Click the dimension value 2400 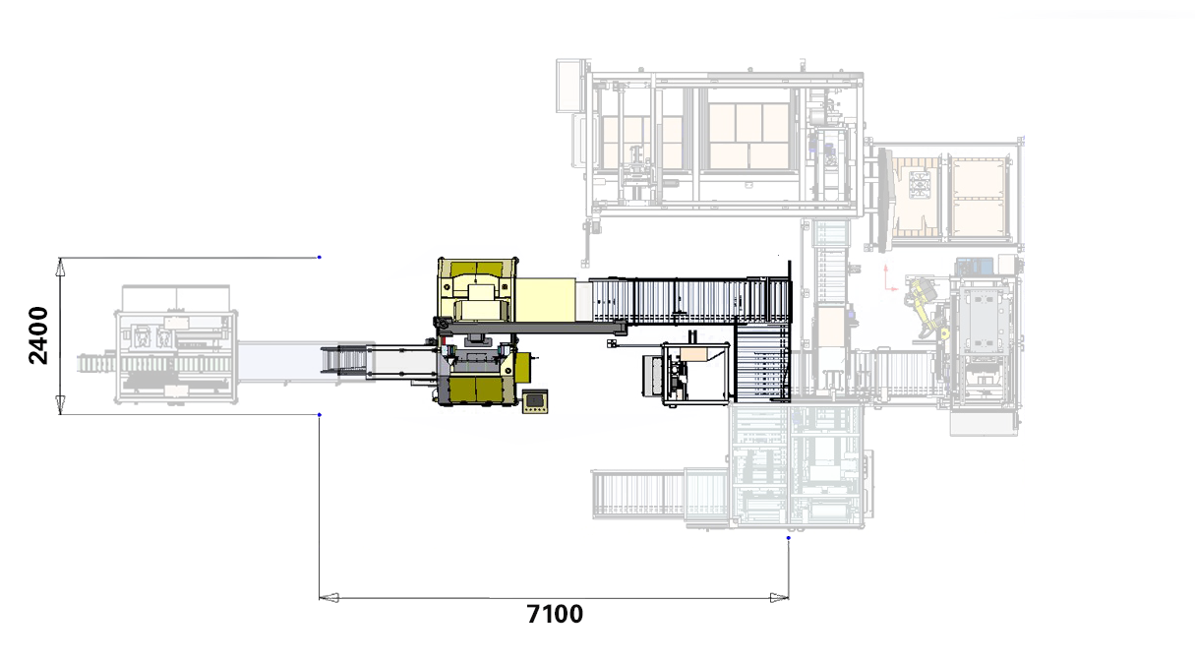tap(38, 335)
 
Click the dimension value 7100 tap(555, 614)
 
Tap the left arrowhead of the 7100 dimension tap(329, 598)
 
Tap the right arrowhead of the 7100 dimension tap(779, 598)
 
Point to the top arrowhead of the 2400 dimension tap(60, 267)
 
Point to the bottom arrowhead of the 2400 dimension tap(60, 405)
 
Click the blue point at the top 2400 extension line tap(320, 257)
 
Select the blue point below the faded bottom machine tap(789, 538)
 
